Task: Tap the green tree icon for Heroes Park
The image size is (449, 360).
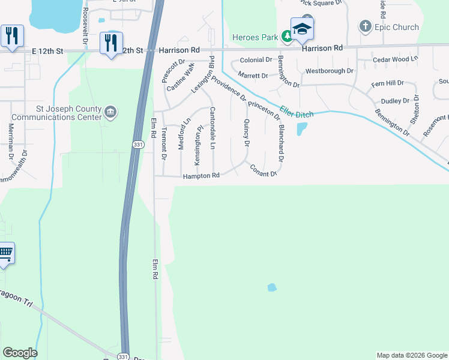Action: coord(288,37)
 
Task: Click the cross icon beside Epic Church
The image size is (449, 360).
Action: coord(365,26)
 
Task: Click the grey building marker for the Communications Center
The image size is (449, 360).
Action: coord(110,112)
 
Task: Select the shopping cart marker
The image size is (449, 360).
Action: coord(5,253)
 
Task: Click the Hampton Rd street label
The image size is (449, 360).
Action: coord(201,176)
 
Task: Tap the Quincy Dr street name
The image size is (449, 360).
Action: coord(246,132)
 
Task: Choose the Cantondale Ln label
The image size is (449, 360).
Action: coord(212,128)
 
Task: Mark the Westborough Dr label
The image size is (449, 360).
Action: coord(330,71)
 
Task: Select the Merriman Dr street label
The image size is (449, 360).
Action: coord(11,141)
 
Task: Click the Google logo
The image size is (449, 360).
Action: coord(20,353)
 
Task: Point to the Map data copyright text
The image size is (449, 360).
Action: coord(411,355)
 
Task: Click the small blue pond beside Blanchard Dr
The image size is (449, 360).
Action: coord(302,129)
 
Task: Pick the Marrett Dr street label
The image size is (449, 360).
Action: coord(253,76)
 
